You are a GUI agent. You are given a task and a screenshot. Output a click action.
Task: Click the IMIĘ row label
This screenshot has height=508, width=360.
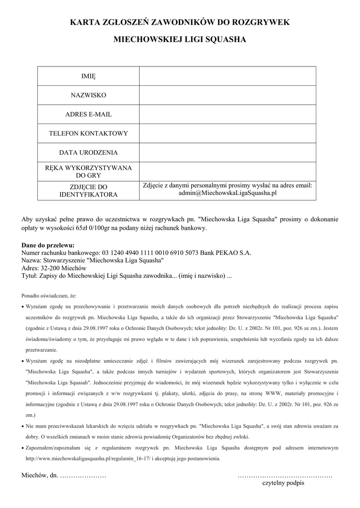coord(88,76)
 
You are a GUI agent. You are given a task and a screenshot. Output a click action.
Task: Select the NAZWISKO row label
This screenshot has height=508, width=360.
coord(88,95)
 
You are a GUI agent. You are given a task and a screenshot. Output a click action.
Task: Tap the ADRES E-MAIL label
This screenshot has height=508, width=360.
coord(88,114)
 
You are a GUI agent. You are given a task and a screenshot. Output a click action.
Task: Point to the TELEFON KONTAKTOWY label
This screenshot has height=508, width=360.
coord(88,133)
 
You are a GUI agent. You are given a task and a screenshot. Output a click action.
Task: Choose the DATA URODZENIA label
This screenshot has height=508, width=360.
coord(88,152)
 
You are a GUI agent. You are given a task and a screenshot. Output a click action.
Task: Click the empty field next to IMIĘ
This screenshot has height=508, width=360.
coord(227,76)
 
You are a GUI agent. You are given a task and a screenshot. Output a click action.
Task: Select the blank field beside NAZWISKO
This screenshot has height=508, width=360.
coord(227,95)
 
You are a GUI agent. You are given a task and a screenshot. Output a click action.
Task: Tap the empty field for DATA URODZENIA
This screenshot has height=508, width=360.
coord(227,152)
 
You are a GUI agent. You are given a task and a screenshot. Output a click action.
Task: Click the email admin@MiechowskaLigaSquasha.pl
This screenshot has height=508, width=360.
coord(227,194)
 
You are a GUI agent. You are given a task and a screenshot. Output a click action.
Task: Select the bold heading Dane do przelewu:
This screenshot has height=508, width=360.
coord(48,245)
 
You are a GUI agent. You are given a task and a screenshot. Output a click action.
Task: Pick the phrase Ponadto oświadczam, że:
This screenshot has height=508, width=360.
coord(49,296)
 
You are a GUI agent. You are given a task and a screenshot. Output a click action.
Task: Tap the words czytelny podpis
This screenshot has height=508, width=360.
coord(283,482)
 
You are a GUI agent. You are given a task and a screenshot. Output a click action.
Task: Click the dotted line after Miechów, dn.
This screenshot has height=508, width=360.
coord(83,475)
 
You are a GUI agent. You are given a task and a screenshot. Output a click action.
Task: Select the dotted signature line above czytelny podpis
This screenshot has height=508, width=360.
coord(285,475)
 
